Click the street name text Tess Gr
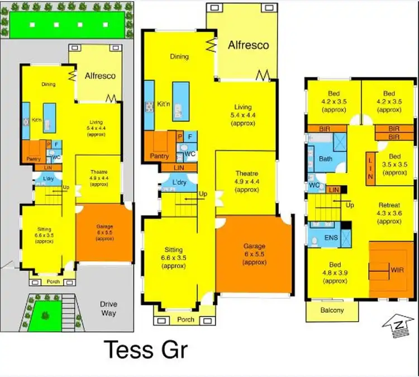tap(146, 350)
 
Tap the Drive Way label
tap(108, 309)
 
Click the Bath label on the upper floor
tap(326, 159)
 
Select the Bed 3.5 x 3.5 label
tap(394, 165)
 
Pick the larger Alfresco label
tap(248, 45)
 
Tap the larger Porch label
tap(185, 319)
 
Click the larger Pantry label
tap(159, 156)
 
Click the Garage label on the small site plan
tap(104, 229)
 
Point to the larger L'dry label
tap(179, 183)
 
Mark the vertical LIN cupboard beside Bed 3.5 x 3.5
tap(370, 167)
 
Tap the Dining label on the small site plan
tap(49, 84)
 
